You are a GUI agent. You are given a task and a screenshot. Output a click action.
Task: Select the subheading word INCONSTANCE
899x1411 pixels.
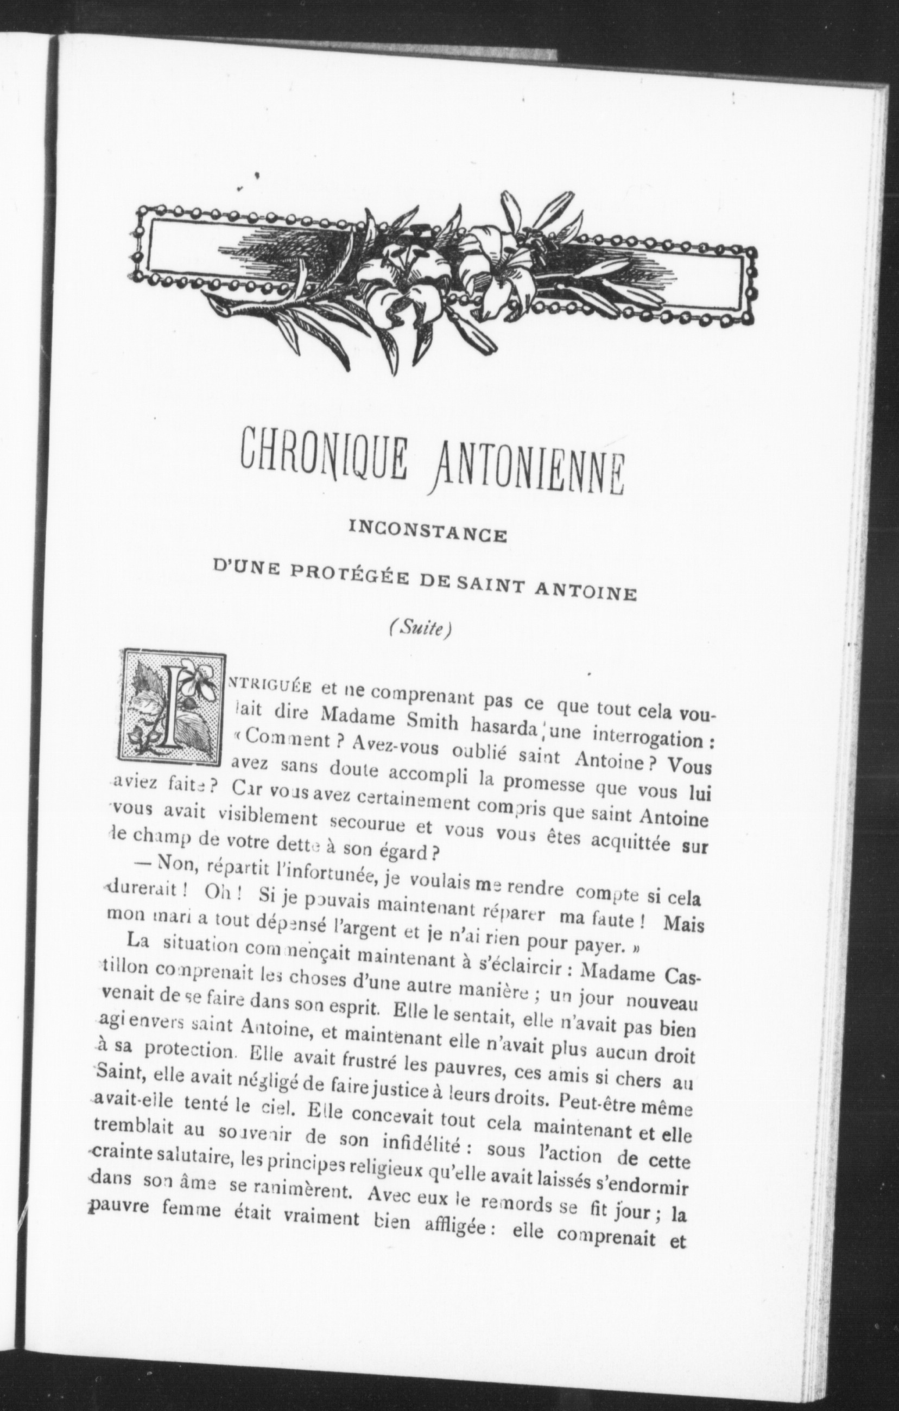click(428, 535)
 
